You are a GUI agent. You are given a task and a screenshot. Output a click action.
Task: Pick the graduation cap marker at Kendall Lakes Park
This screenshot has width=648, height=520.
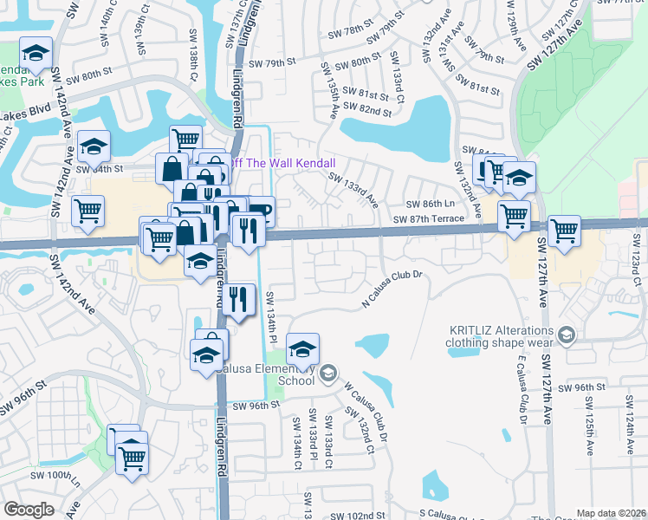coord(36,55)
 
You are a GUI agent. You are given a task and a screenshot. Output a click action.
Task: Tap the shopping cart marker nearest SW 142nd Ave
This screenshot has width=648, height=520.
coord(88,211)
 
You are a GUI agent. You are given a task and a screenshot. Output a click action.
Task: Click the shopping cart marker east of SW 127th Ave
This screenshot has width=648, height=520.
coord(564,231)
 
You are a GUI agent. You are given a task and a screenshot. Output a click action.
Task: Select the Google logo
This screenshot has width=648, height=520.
coord(28,510)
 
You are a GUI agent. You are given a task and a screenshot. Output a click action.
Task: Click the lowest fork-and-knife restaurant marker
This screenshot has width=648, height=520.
coord(240,299)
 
